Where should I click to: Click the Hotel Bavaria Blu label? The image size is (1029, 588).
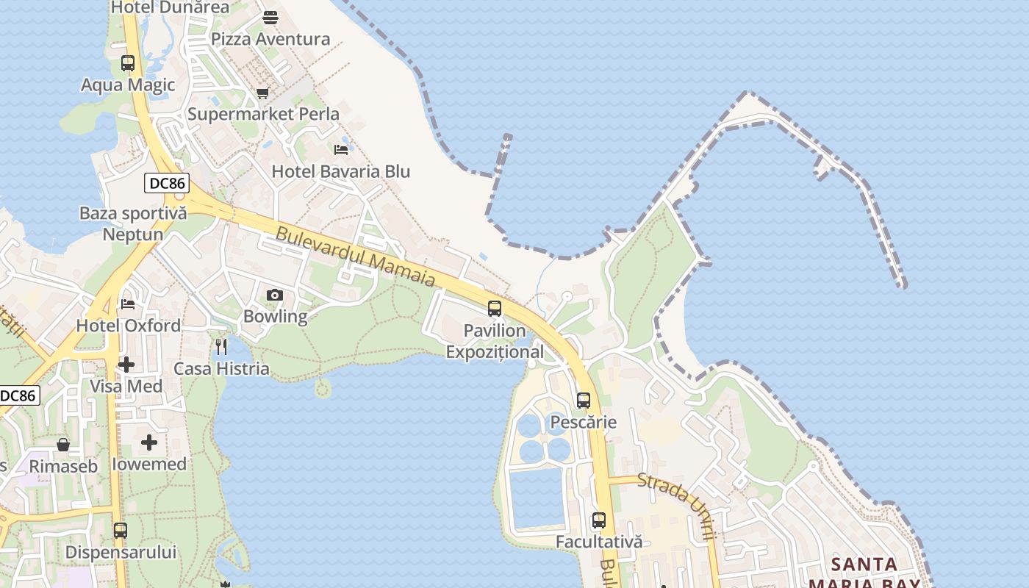(341, 171)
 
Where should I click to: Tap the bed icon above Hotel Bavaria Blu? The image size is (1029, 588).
(341, 149)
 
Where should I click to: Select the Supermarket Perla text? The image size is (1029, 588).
(263, 114)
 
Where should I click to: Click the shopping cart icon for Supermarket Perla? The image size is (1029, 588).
(262, 93)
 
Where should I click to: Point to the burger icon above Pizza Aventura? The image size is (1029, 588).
(270, 17)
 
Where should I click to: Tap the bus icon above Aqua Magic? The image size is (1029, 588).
(128, 63)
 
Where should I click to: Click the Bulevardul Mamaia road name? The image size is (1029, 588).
(356, 257)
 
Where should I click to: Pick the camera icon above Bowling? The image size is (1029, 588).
(275, 295)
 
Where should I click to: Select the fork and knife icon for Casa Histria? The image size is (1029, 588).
(221, 346)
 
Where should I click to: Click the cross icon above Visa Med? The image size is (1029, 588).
(126, 364)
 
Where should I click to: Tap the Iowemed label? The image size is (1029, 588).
(149, 464)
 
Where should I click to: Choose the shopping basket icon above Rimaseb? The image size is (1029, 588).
(63, 445)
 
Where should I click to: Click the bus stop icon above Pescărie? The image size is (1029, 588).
(584, 401)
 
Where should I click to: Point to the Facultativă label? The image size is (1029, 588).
(599, 542)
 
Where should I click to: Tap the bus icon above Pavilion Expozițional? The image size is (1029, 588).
(495, 309)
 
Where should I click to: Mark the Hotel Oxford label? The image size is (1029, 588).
(129, 326)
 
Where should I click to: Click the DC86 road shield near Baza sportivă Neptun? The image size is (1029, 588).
(167, 183)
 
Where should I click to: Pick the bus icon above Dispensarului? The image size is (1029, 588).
(121, 530)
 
